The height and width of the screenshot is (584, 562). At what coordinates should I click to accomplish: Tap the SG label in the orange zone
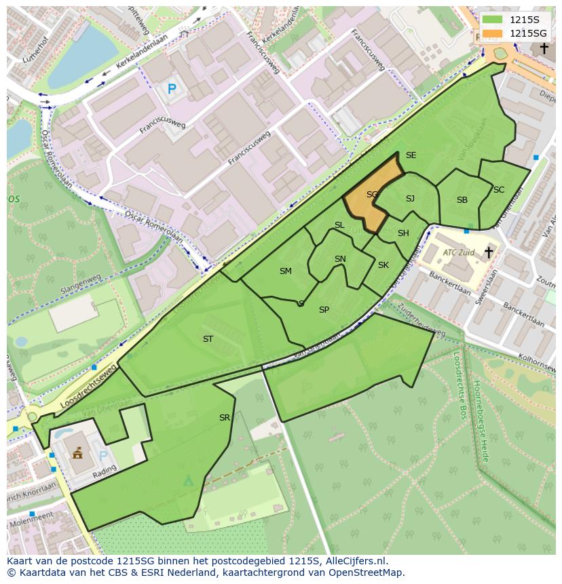(372, 195)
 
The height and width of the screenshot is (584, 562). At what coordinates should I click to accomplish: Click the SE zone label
(411, 155)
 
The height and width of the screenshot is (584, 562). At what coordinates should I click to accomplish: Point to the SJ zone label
(410, 199)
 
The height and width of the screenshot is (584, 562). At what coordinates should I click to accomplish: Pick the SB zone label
(462, 200)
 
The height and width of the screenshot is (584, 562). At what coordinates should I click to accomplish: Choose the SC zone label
(499, 190)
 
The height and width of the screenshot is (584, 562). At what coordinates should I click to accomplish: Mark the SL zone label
(339, 225)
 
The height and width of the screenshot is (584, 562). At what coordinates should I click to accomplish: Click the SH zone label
(403, 233)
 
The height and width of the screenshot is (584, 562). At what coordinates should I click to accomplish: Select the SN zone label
(340, 259)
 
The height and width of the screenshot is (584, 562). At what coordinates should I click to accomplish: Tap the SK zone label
(383, 265)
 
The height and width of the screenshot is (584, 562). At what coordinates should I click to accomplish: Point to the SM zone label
(286, 271)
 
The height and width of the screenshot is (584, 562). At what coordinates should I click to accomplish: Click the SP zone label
(324, 310)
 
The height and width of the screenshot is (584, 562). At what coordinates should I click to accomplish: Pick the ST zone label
(208, 339)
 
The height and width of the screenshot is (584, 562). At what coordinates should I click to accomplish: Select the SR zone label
(225, 418)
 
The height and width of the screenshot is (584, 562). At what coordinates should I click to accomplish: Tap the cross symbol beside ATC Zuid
(488, 252)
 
